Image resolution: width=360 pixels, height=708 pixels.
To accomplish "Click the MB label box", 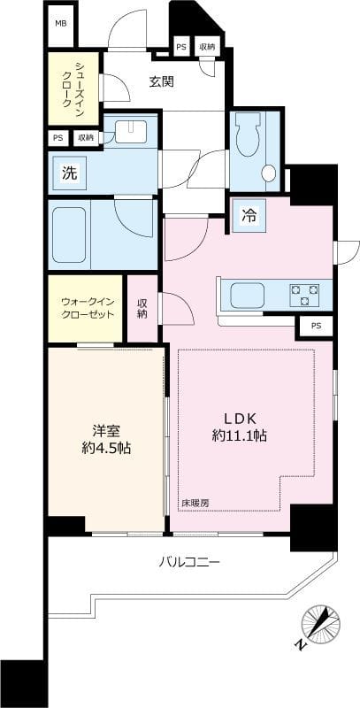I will [x=60, y=24].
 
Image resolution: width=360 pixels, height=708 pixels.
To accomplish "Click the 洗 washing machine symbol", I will [x=68, y=173].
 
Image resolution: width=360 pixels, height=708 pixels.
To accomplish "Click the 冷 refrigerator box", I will [x=250, y=215].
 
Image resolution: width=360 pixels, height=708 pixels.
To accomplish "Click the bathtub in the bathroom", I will [x=69, y=234].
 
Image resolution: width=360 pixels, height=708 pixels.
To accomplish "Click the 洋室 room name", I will [x=106, y=431].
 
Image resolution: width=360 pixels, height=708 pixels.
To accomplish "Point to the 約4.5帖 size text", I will [x=106, y=449].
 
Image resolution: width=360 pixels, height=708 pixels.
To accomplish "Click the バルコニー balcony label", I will [x=189, y=561].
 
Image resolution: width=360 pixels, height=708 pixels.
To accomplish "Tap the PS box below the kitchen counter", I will [x=316, y=326].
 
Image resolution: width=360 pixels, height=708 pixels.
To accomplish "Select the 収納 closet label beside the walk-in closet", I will [x=142, y=308].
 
